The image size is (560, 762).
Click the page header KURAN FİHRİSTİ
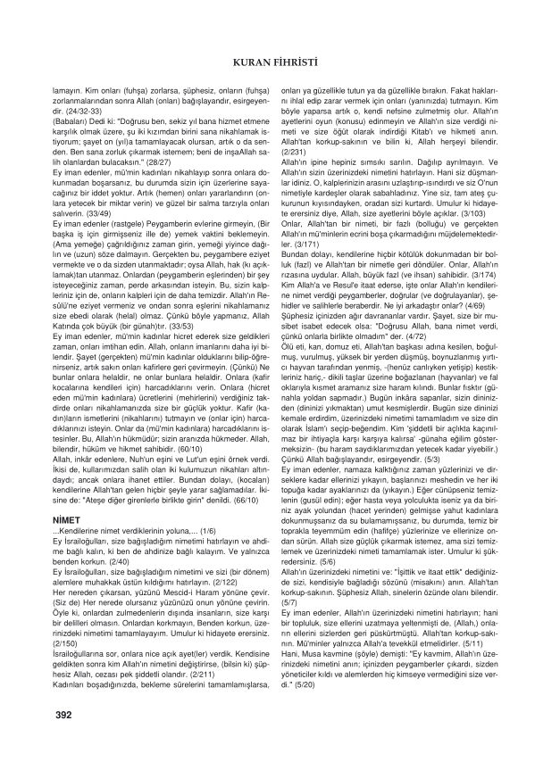(x=279, y=62)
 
